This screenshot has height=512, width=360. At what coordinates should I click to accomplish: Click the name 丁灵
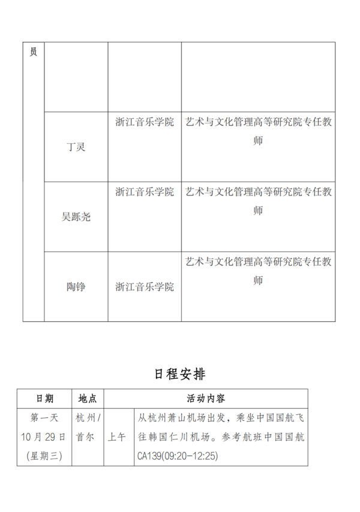click(76, 147)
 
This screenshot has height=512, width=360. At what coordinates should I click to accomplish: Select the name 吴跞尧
click(76, 217)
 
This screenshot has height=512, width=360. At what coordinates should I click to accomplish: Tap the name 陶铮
click(76, 287)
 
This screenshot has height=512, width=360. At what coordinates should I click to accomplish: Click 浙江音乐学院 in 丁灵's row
click(145, 122)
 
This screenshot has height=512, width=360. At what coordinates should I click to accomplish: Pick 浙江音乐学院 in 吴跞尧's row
click(145, 192)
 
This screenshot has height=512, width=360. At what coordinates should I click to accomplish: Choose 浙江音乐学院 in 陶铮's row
click(145, 287)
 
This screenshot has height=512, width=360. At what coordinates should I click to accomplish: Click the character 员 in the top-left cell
click(33, 52)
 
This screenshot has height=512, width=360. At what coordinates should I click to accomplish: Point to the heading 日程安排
click(180, 374)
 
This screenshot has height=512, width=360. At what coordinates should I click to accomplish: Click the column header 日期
click(44, 398)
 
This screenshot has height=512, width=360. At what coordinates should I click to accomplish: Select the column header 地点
click(88, 398)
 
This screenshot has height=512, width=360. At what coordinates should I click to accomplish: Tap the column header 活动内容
click(206, 398)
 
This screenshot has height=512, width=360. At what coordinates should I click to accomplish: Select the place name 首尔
click(85, 436)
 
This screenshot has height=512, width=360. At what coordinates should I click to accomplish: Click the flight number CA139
click(150, 456)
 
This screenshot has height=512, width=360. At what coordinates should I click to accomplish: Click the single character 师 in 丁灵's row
click(258, 141)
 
